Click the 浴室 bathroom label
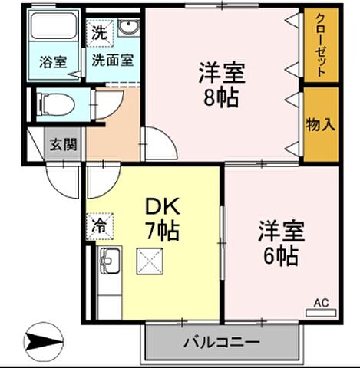tap(52, 62)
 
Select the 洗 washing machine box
tap(99, 33)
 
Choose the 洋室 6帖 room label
tap(280, 242)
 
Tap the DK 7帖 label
tap(162, 218)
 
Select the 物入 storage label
tap(320, 124)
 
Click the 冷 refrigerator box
tap(100, 227)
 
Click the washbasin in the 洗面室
tap(127, 30)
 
